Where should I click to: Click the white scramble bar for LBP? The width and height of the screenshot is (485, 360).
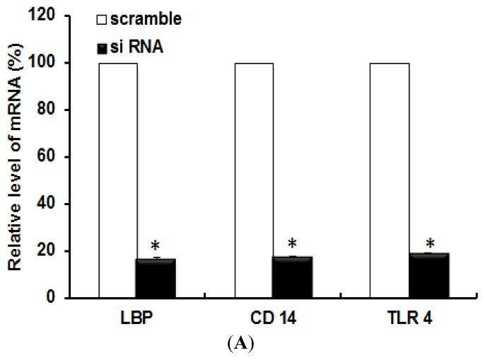click(x=118, y=180)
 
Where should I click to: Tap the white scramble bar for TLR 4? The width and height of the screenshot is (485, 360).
click(x=390, y=180)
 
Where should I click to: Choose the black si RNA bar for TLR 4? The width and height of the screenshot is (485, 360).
click(x=428, y=276)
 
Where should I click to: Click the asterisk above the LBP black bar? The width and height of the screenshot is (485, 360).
click(x=156, y=247)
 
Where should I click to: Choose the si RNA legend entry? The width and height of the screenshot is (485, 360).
click(x=135, y=47)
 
